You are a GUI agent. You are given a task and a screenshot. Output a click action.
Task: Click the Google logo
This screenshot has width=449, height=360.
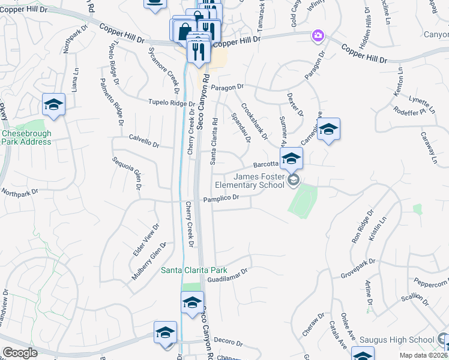click(x=20, y=352)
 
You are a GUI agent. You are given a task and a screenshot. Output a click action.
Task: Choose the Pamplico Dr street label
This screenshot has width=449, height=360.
click(x=221, y=198)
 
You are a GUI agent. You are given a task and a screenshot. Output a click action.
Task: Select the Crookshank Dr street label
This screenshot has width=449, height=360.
click(x=254, y=120)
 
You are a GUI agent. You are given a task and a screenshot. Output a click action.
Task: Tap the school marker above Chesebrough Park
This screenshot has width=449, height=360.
click(x=53, y=105)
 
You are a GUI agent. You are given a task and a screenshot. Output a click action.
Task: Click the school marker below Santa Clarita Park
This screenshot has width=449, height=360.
click(x=193, y=302)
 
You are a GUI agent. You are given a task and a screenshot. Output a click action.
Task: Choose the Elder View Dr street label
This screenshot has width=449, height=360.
click(x=146, y=240)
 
